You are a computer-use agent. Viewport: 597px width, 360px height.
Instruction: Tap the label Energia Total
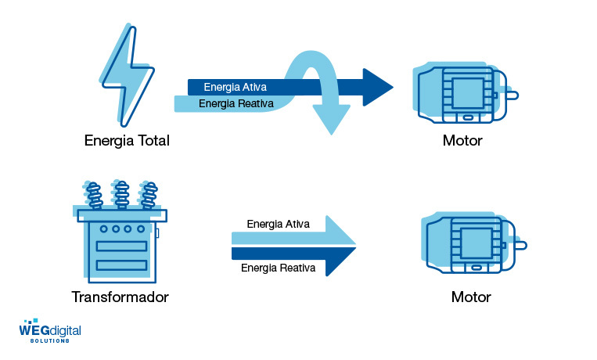click(127, 141)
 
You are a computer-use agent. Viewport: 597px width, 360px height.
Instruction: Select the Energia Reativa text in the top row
click(235, 103)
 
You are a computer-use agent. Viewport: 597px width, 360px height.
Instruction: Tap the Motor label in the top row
click(462, 141)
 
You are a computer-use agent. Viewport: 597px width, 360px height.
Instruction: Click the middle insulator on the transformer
click(120, 194)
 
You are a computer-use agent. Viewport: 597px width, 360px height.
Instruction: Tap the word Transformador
click(120, 297)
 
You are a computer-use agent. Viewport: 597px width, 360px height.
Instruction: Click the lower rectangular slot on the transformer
click(121, 265)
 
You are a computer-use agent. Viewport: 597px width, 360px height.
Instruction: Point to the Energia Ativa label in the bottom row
click(278, 224)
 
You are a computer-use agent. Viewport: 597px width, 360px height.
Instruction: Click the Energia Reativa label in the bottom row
click(279, 268)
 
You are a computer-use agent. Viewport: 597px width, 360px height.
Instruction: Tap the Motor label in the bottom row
click(471, 297)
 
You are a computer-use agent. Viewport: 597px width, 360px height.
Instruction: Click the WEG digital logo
click(50, 330)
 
